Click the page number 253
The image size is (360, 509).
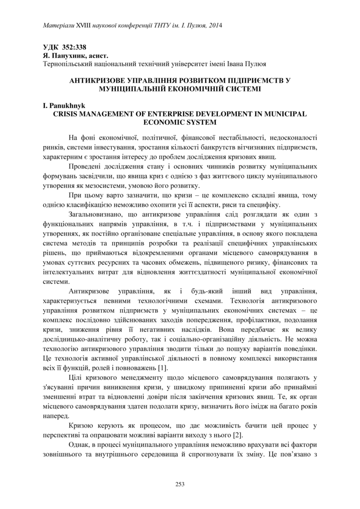(180, 485)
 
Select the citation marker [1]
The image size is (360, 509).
(162, 368)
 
